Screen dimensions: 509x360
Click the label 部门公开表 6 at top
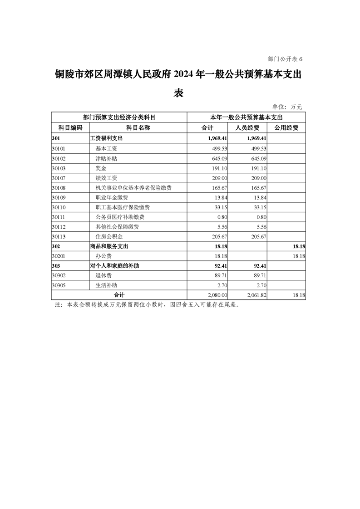pyautogui.click(x=285, y=59)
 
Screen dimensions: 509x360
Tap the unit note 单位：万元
pyautogui.click(x=287, y=107)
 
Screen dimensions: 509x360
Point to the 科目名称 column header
pyautogui.click(x=138, y=128)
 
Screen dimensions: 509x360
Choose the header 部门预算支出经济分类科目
pyautogui.click(x=119, y=117)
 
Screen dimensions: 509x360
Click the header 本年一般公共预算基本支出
pyautogui.click(x=247, y=117)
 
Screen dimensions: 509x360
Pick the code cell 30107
pyautogui.click(x=59, y=178)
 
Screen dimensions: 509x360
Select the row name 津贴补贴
pyautogui.click(x=106, y=158)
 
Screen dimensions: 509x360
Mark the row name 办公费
pyautogui.click(x=103, y=256)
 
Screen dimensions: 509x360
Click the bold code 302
pyautogui.click(x=56, y=246)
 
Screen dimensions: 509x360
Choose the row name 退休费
pyautogui.click(x=103, y=275)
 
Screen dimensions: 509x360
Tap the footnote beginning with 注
pyautogui.click(x=147, y=305)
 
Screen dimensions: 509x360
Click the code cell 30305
pyautogui.click(x=59, y=285)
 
